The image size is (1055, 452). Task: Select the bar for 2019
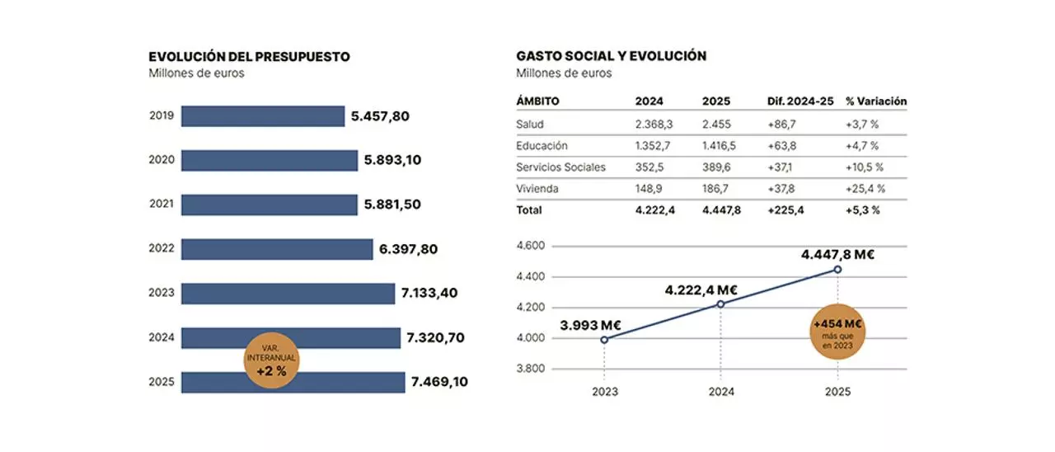click(x=262, y=116)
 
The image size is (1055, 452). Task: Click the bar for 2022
click(x=277, y=249)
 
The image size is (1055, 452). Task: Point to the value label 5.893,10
click(x=392, y=160)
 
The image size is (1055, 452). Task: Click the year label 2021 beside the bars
click(x=162, y=205)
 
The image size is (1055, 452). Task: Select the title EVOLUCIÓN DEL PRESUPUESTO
click(x=249, y=57)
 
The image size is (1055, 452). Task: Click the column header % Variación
click(x=875, y=101)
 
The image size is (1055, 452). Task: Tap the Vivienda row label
click(x=537, y=189)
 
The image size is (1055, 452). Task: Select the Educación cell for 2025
click(x=719, y=146)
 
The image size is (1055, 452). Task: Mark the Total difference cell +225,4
click(x=786, y=210)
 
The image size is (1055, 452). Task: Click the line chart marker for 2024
click(x=720, y=304)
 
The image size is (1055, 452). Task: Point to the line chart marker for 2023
click(x=604, y=339)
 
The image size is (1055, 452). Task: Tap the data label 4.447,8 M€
click(x=837, y=254)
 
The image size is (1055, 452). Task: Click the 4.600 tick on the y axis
click(x=530, y=246)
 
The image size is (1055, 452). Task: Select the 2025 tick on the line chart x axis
click(x=837, y=392)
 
